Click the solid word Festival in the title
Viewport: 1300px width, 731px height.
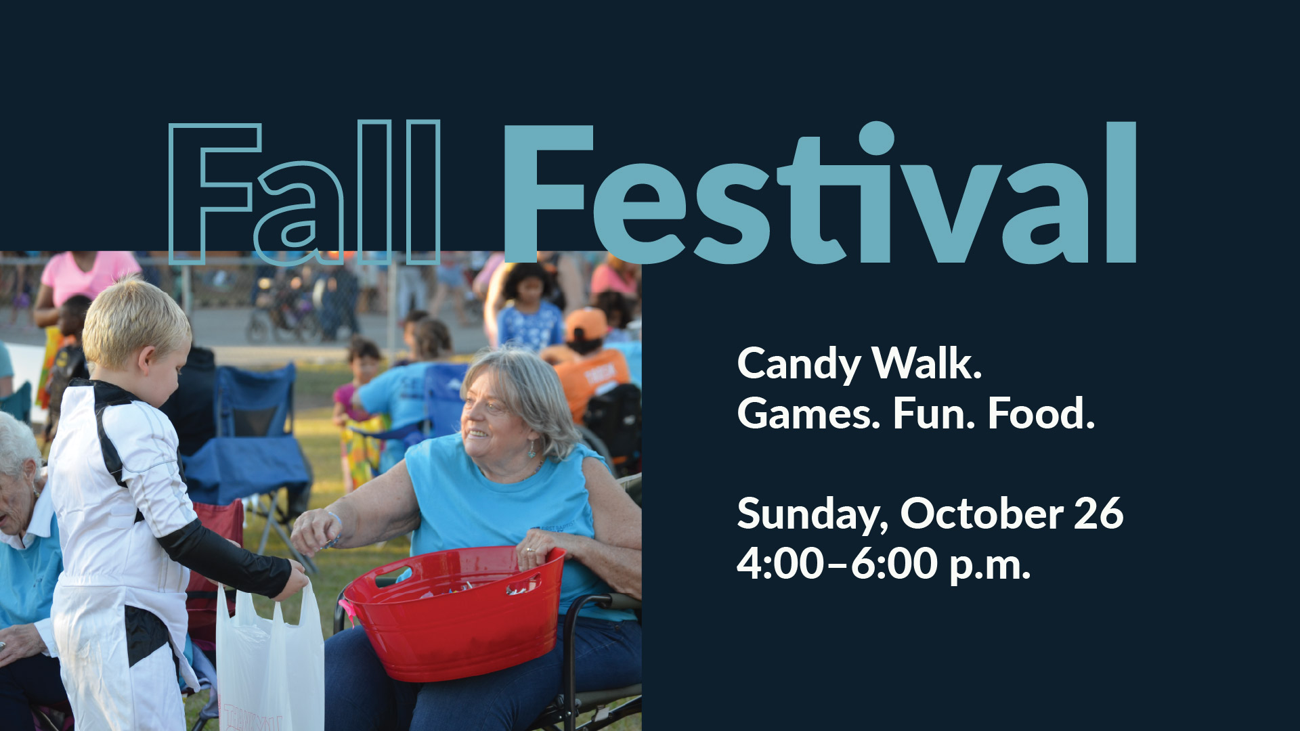[819, 192]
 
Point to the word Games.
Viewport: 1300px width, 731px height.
[808, 414]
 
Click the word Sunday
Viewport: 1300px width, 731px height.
[812, 515]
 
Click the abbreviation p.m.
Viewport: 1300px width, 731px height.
[990, 566]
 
